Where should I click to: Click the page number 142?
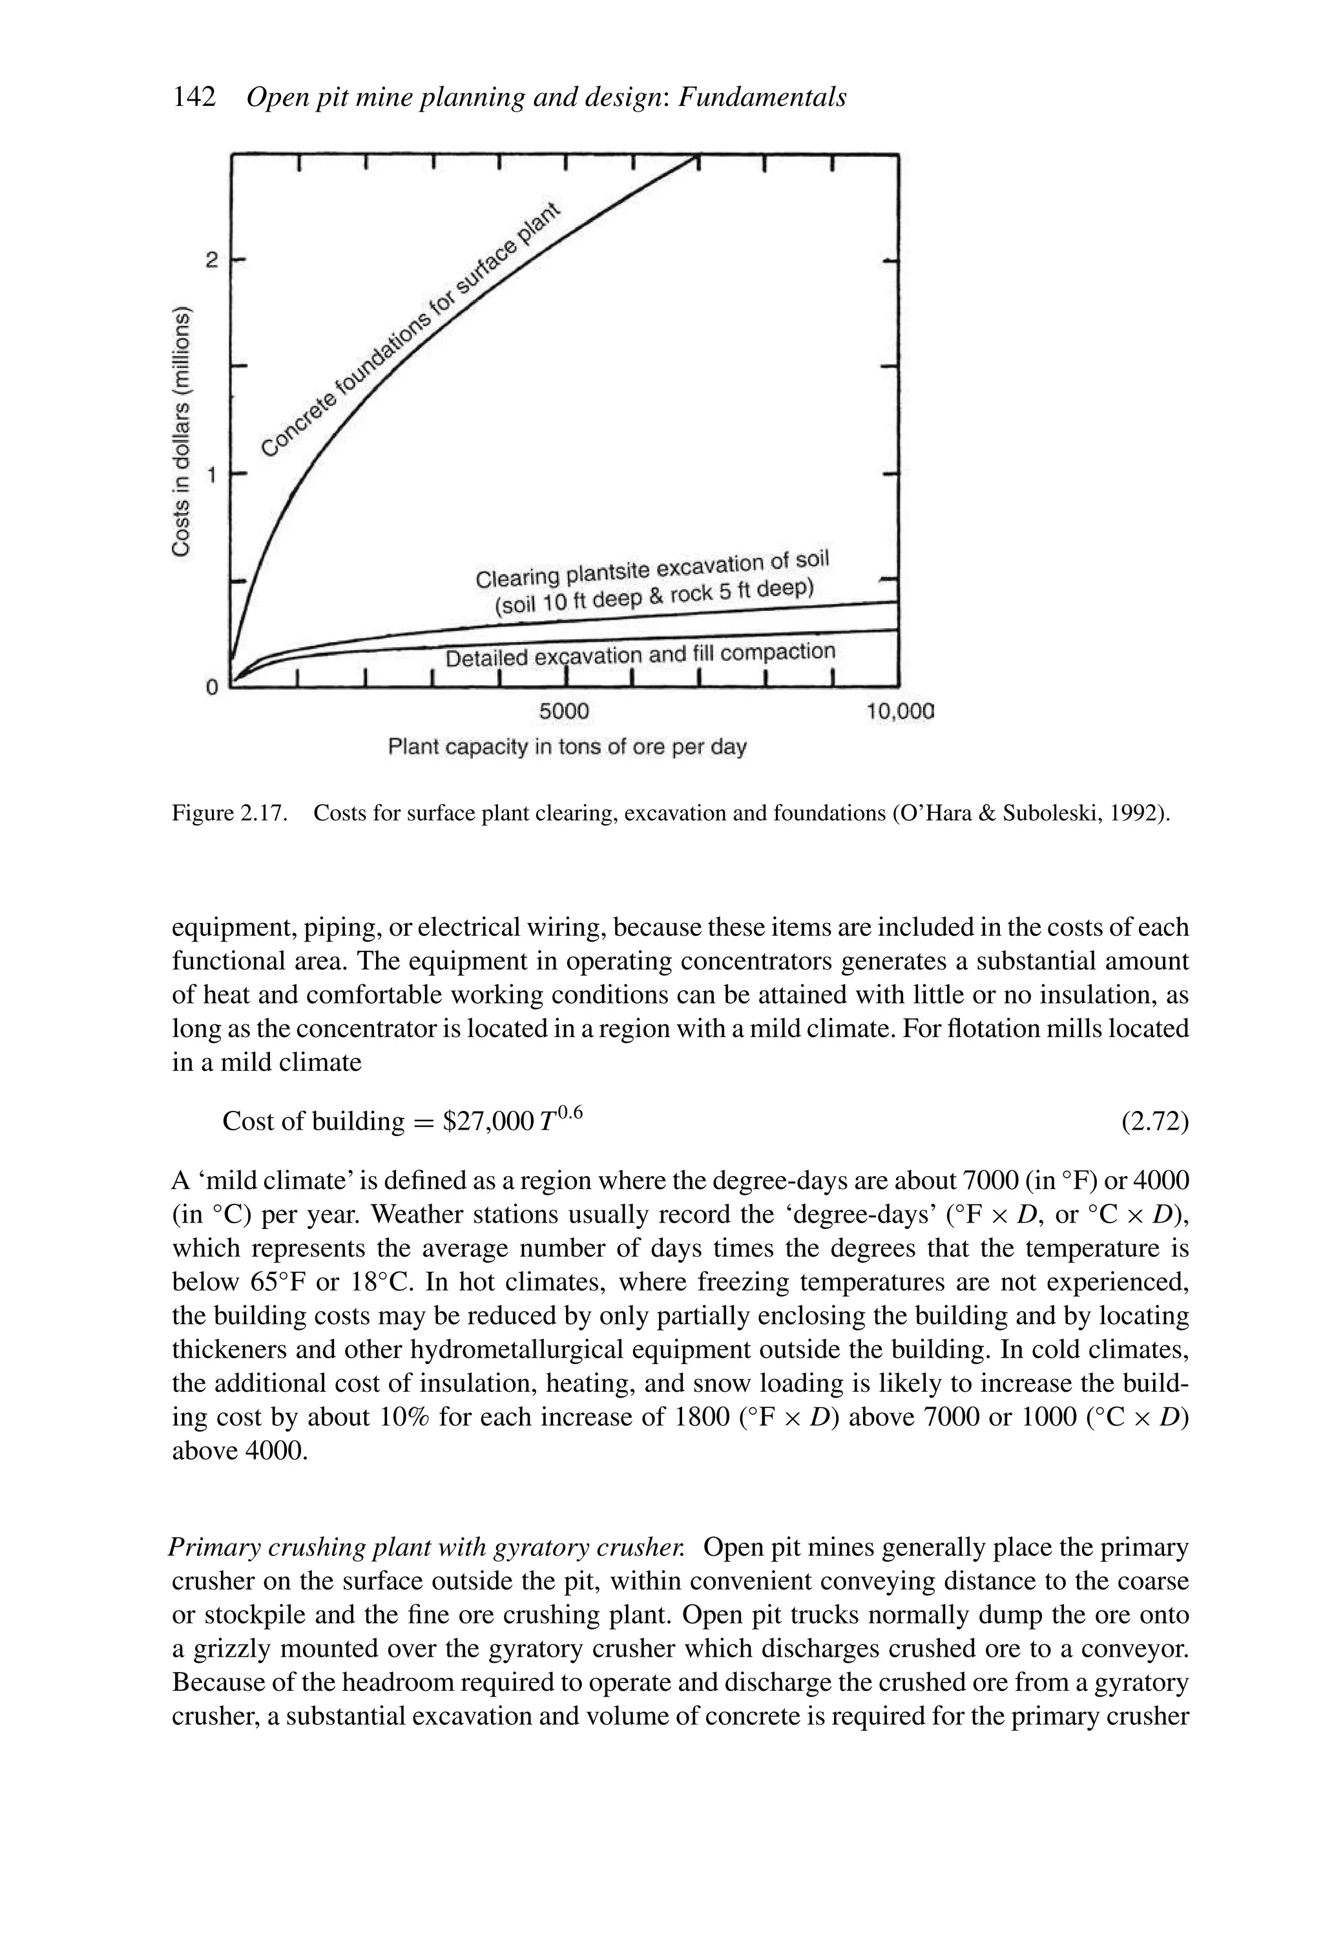click(194, 98)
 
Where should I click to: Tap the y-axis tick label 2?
click(212, 260)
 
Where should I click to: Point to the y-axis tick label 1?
click(212, 475)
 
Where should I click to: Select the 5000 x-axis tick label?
click(563, 712)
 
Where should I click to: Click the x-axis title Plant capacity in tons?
click(567, 747)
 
